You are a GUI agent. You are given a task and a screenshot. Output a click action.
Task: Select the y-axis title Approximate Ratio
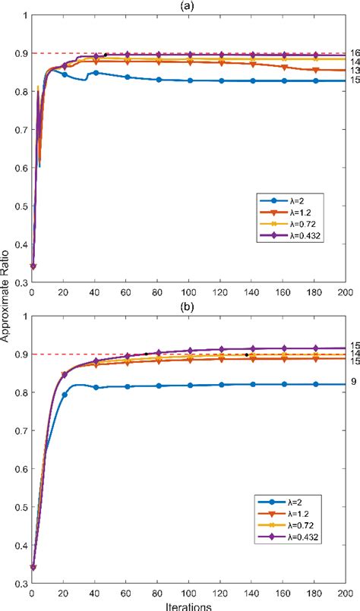(x=6, y=304)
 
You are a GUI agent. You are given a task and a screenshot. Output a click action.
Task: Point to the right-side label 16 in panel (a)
(x=353, y=53)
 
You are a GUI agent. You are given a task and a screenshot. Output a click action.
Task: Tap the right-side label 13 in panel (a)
(x=353, y=71)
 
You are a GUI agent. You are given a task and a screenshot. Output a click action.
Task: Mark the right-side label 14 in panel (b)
(x=353, y=354)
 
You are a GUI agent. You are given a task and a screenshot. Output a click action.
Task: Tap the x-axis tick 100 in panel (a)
(x=188, y=294)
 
